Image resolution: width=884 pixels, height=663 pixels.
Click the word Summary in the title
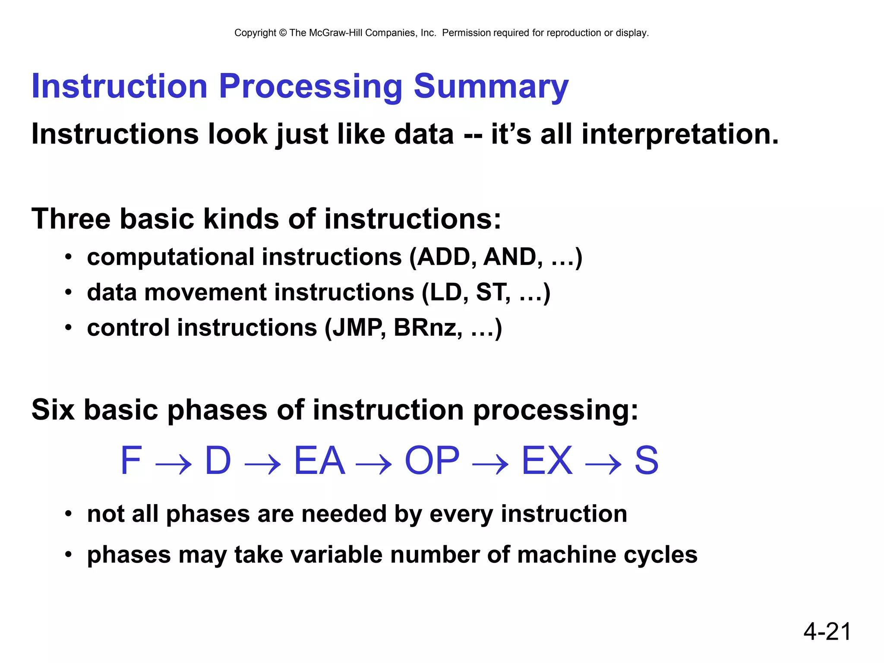coord(491,87)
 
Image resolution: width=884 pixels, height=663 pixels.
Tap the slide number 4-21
coord(827,631)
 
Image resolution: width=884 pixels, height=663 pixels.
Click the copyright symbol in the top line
coord(283,33)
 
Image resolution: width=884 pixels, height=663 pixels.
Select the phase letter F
coord(131,461)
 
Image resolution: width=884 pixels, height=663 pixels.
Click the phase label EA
coord(319,461)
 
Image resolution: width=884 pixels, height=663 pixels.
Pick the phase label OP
coord(432,461)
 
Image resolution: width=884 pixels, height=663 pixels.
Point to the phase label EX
coord(547,461)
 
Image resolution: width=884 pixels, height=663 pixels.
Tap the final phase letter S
coord(646,461)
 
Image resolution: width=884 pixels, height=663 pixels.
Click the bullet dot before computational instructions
coord(68,258)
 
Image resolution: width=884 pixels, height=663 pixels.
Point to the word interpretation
coord(680,134)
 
